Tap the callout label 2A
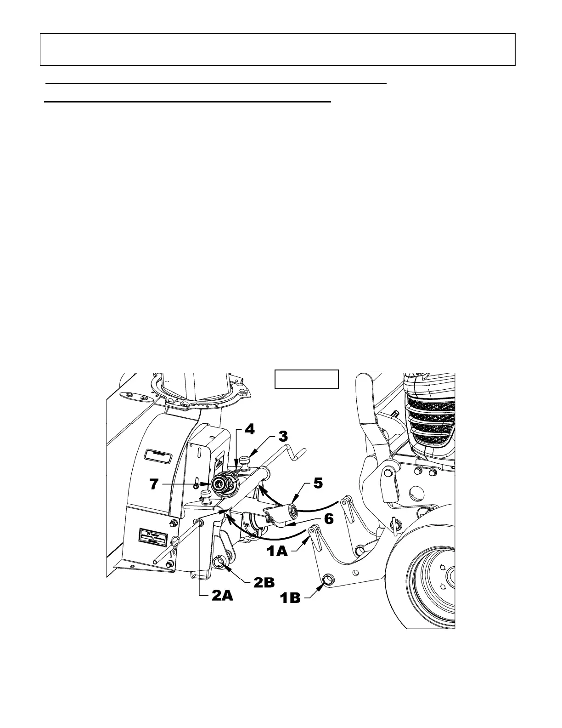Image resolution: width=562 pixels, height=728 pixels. tap(223, 596)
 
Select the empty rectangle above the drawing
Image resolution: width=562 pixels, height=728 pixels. tap(306, 379)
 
